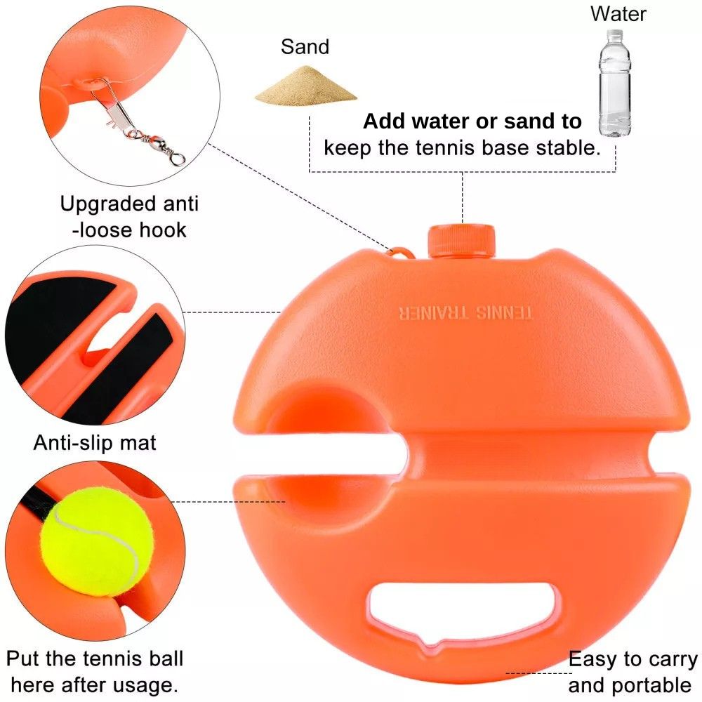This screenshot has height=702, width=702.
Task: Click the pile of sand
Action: pos(306,85)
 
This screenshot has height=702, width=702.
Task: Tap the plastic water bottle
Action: pos(615,84)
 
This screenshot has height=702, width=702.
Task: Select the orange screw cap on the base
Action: pos(462,241)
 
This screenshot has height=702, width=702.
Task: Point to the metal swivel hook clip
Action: pos(137,121)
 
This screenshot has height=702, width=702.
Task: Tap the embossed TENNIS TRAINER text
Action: pos(465,312)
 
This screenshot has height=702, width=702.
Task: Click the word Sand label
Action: pos(305,46)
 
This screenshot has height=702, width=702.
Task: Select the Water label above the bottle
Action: pos(618,14)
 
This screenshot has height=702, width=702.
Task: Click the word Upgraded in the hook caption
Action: pos(108,204)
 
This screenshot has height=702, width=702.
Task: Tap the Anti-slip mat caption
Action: pos(95,443)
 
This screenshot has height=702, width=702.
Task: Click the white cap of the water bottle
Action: pos(615,34)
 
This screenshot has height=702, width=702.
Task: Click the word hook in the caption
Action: pos(163,230)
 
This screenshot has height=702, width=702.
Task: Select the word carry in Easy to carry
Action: pos(673,660)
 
